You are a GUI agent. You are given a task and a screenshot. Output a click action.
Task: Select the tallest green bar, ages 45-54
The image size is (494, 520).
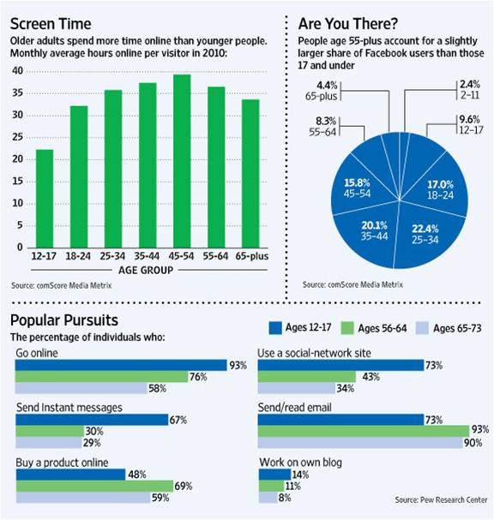click(181, 161)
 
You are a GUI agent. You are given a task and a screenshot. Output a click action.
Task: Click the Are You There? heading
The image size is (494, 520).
click(348, 23)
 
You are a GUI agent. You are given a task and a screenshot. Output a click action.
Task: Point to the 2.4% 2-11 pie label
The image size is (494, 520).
click(468, 88)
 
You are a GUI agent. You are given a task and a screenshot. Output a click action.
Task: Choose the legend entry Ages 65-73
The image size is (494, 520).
click(455, 327)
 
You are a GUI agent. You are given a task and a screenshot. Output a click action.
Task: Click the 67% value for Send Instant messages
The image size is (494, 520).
click(179, 420)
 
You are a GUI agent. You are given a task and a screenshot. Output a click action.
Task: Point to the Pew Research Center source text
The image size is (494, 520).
click(440, 499)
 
